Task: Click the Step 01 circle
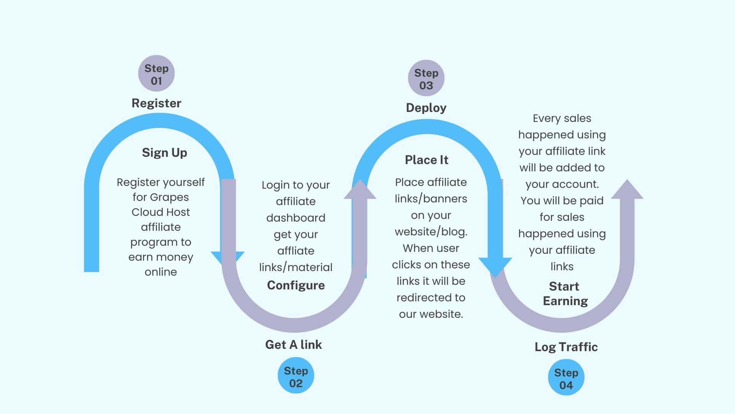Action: pyautogui.click(x=156, y=74)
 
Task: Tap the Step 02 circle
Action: pyautogui.click(x=296, y=376)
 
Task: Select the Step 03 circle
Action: pyautogui.click(x=426, y=78)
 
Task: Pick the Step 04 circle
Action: pyautogui.click(x=566, y=378)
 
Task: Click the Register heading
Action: pyautogui.click(x=156, y=103)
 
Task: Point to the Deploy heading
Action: pyautogui.click(x=426, y=108)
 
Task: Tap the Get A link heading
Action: pyautogui.click(x=294, y=345)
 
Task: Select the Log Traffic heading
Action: pyautogui.click(x=566, y=347)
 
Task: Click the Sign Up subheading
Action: pyautogui.click(x=165, y=153)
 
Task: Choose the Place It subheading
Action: pyautogui.click(x=426, y=160)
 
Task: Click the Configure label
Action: pyautogui.click(x=296, y=285)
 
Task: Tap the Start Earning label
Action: pyautogui.click(x=565, y=294)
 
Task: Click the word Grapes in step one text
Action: pyautogui.click(x=169, y=197)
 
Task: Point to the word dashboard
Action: pyautogui.click(x=296, y=218)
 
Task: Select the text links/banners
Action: pyautogui.click(x=431, y=199)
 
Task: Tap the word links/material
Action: pyautogui.click(x=296, y=267)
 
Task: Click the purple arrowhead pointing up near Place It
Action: pyautogui.click(x=360, y=190)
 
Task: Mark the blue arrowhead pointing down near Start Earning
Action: pyautogui.click(x=495, y=266)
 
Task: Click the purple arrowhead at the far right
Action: pyautogui.click(x=627, y=190)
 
